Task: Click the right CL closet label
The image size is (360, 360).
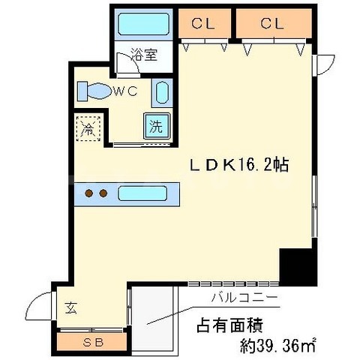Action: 272,23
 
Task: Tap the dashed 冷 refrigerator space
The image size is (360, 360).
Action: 88,128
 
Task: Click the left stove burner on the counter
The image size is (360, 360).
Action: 89,193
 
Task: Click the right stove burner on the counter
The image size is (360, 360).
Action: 104,193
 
